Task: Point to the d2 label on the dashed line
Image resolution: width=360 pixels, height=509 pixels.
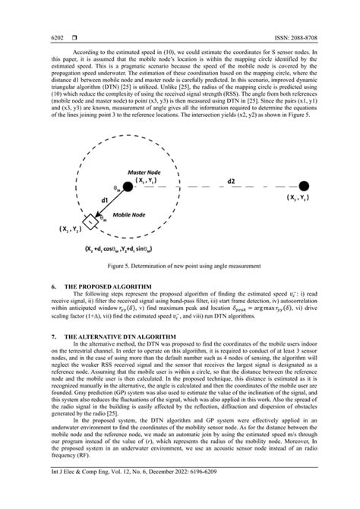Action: [230, 182]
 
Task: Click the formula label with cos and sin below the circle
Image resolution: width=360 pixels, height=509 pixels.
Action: [144, 248]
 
